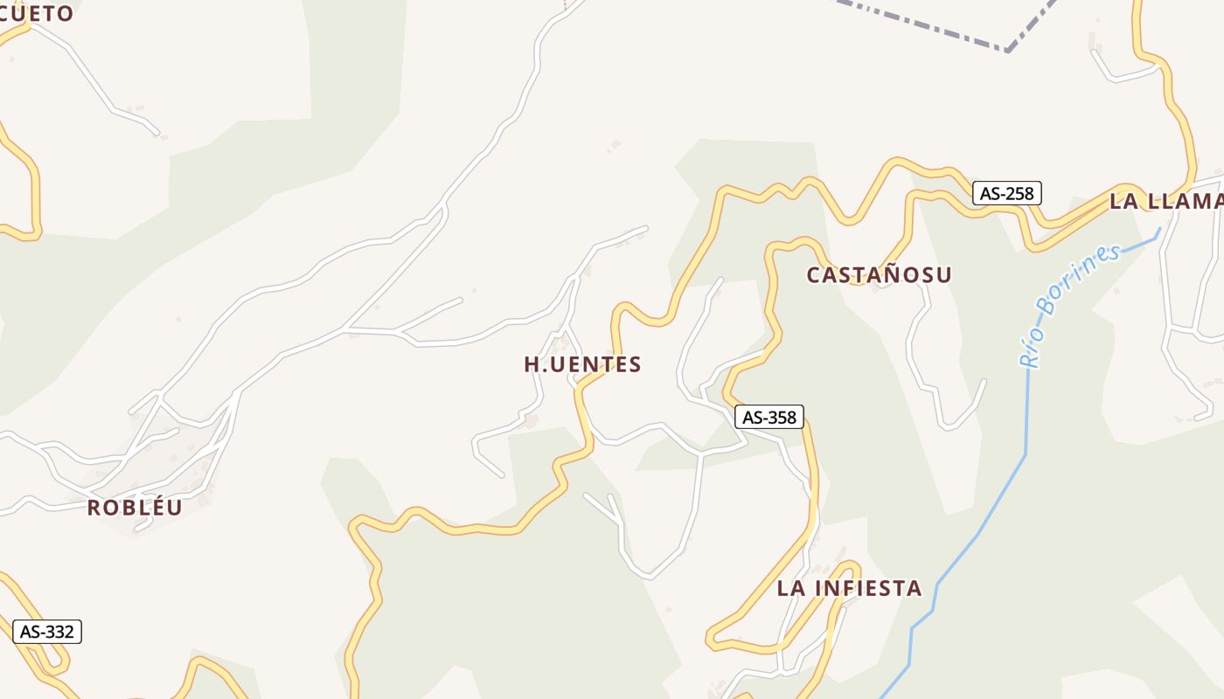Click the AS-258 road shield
pos(1006,193)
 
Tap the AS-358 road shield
pos(768,417)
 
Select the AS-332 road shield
pos(47,632)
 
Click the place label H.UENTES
pos(582,364)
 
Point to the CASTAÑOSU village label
pos(879,275)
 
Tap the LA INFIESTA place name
pos(849,588)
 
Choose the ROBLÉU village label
pos(135,508)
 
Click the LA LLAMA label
pos(1165,201)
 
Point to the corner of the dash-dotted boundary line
pos(1008,51)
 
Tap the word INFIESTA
pos(868,588)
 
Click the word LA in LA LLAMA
pos(1123,201)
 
